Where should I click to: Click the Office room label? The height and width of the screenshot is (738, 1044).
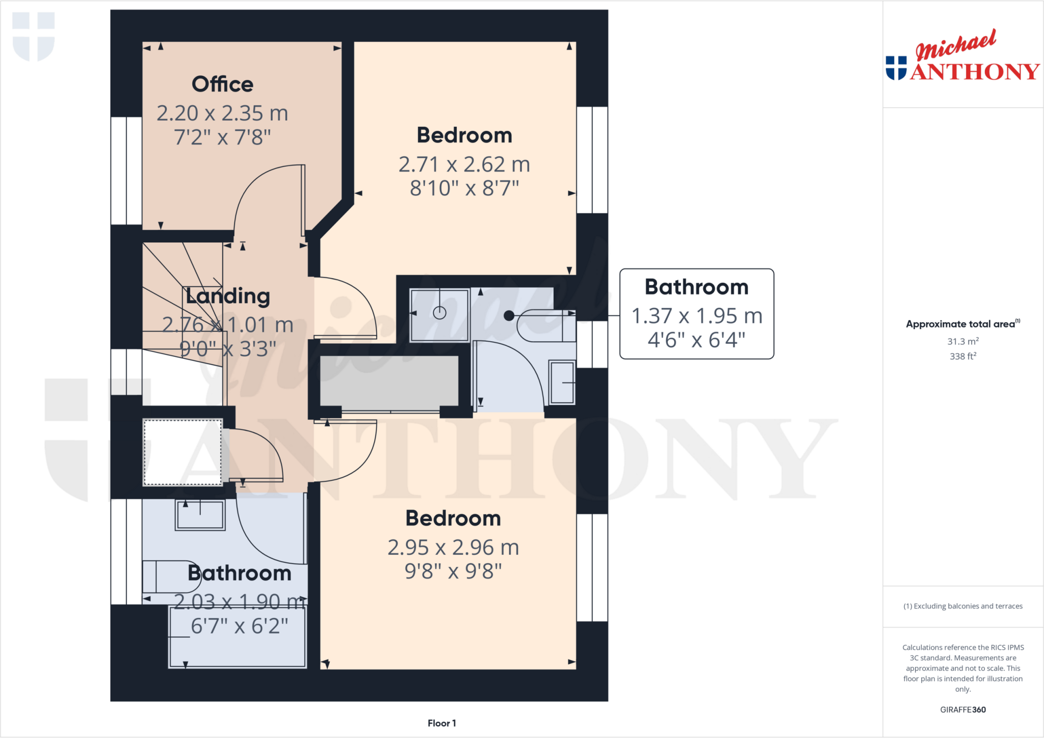click(222, 85)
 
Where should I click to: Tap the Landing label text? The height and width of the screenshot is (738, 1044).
click(228, 296)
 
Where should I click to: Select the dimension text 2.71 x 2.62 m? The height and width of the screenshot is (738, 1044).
click(464, 165)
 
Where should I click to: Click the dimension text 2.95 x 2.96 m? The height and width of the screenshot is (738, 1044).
click(453, 548)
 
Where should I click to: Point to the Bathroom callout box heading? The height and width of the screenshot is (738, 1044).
click(696, 287)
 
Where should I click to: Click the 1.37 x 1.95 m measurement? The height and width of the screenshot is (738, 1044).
click(696, 316)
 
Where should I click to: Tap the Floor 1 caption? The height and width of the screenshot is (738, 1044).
click(441, 723)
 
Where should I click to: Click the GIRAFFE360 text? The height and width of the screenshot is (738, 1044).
click(962, 709)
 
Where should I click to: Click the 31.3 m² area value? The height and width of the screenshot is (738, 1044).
click(962, 341)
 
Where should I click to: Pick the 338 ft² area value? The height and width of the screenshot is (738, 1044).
click(962, 356)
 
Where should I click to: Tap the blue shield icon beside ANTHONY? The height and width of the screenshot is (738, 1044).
click(896, 68)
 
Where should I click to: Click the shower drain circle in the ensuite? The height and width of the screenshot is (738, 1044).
click(439, 313)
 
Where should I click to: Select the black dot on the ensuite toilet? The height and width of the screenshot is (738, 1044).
click(509, 316)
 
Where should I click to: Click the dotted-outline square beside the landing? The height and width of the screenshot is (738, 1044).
click(182, 452)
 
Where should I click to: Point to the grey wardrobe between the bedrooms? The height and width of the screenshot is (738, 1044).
click(389, 381)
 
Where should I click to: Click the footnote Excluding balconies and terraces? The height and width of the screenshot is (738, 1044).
click(962, 606)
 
